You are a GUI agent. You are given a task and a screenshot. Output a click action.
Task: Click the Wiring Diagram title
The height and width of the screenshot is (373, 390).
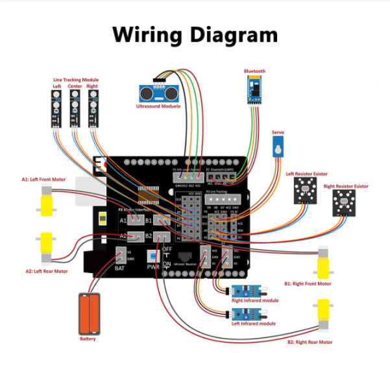coord(195,34)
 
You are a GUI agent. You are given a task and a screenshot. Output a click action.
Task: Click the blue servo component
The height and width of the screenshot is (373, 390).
coord(278,149)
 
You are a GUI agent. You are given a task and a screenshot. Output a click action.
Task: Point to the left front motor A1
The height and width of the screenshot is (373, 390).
coord(46,200)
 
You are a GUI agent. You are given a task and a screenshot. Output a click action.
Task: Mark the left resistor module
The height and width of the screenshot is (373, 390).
coord(306,192)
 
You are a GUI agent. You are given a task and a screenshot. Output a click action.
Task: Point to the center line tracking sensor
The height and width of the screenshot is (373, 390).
coord(74,107)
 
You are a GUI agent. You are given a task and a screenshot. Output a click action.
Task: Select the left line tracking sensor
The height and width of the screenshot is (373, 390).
coord(56,107)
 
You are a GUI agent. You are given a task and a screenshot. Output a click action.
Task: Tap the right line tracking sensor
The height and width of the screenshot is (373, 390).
coord(93,107)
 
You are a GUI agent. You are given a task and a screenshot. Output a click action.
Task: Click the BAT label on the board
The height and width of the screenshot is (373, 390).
coord(120,267)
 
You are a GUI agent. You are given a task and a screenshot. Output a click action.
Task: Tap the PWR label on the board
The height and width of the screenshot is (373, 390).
coord(153,267)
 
